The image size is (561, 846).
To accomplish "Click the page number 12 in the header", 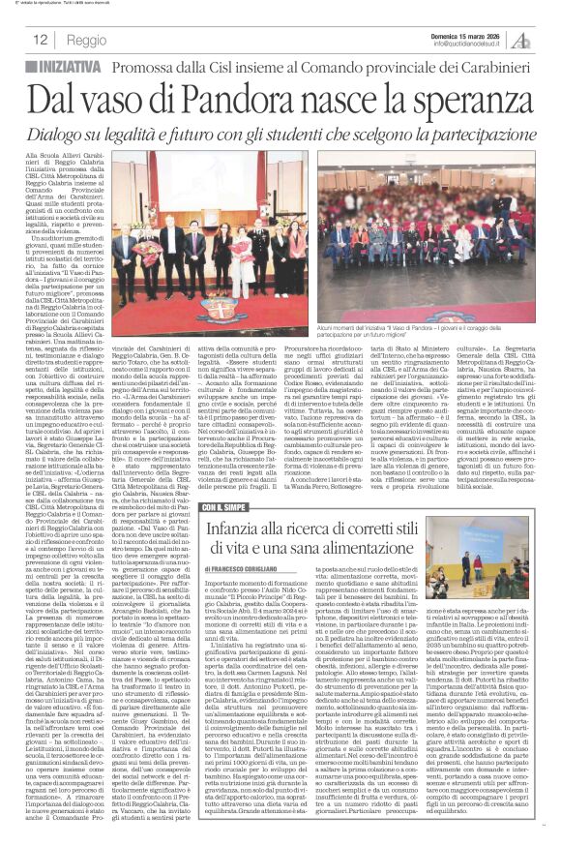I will coord(41,41).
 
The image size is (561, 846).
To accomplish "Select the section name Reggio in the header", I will coord(87,41).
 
